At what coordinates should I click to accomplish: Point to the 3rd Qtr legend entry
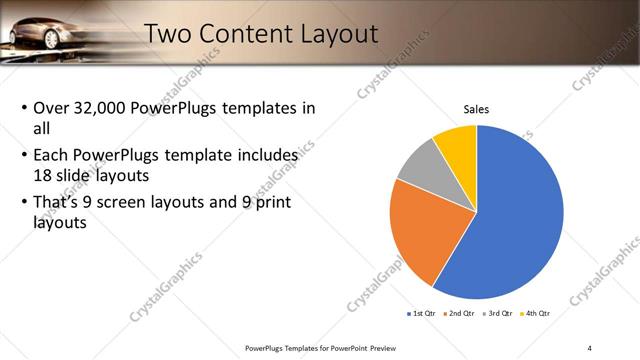[x=496, y=314]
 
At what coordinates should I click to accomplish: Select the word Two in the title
[x=171, y=34]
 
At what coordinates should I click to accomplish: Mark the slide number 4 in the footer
[x=590, y=348]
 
